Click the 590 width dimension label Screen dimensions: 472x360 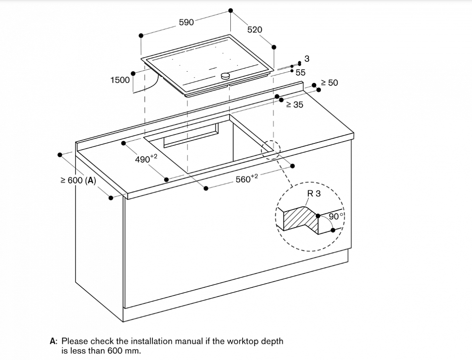[186, 22]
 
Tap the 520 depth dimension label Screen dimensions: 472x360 [255, 30]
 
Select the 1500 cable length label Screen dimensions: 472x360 [120, 80]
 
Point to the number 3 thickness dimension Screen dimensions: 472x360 [307, 59]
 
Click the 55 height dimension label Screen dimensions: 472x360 [300, 73]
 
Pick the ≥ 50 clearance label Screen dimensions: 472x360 [329, 83]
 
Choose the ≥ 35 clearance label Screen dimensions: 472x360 [295, 105]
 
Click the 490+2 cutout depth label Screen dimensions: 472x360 [146, 159]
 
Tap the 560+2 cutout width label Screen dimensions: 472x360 [247, 178]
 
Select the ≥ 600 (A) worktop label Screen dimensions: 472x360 [78, 181]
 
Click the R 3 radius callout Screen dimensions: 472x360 [314, 193]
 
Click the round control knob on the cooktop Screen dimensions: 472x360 [226, 75]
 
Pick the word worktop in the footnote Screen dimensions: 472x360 [244, 342]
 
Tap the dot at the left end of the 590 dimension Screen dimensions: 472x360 [141, 35]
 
